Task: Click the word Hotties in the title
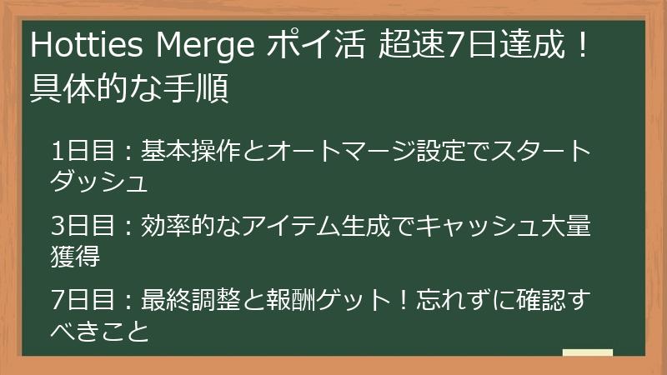click(87, 45)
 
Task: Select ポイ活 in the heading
click(316, 45)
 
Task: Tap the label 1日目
click(83, 151)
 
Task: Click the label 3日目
click(83, 225)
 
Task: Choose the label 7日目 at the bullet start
click(83, 300)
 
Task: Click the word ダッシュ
click(99, 182)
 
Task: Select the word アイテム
click(291, 225)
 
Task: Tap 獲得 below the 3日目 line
click(75, 256)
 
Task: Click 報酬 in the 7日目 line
click(291, 300)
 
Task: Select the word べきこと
click(100, 331)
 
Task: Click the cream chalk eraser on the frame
click(588, 352)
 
